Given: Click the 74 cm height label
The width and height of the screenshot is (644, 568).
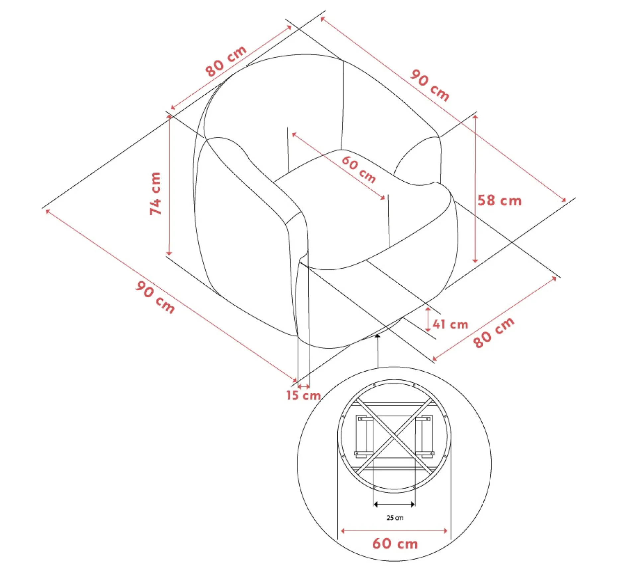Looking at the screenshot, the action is click(155, 193).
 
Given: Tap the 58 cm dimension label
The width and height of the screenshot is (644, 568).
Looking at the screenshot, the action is click(499, 201).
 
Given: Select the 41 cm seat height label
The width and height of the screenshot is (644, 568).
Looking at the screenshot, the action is click(450, 324).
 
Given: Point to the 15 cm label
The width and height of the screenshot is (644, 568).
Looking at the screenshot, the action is click(303, 395).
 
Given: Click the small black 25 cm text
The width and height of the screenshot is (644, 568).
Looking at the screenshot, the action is click(395, 518).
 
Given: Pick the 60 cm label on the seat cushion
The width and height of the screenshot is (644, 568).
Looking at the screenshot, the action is click(359, 169).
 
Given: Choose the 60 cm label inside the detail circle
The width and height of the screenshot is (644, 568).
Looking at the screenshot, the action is click(395, 544).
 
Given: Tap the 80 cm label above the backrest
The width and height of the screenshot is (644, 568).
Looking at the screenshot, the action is click(226, 61).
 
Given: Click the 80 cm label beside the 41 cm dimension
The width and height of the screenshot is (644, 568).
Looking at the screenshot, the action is click(494, 332).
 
